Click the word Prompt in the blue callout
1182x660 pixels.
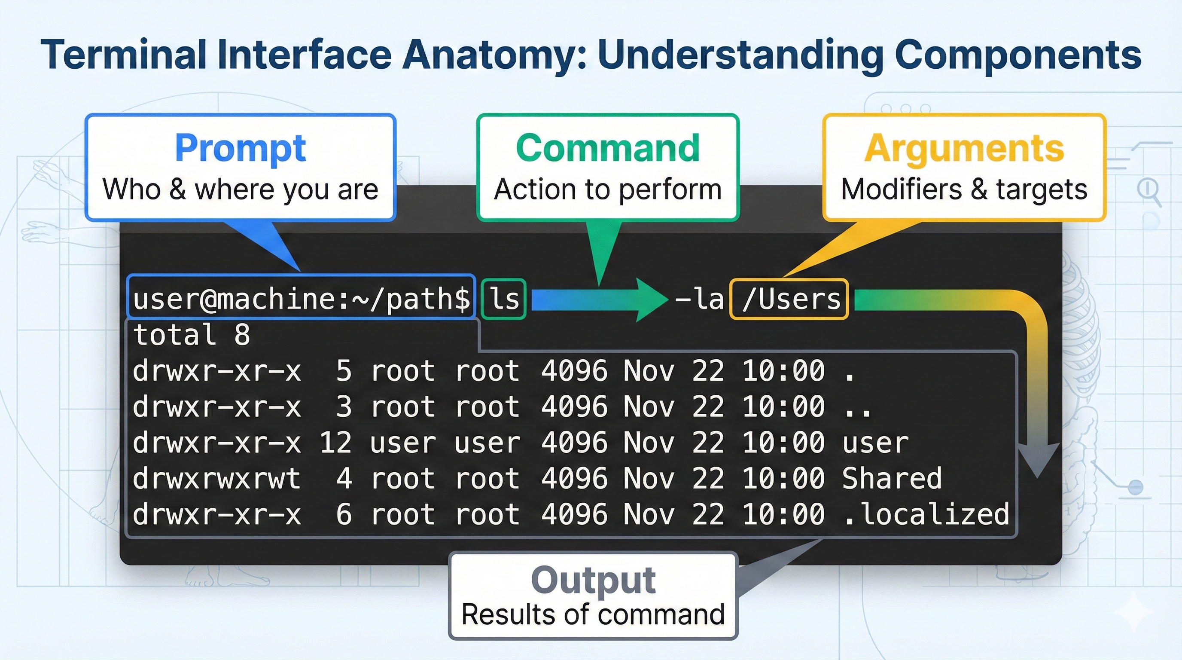(x=241, y=148)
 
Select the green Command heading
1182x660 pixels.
(x=607, y=148)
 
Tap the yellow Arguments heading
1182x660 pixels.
(x=964, y=148)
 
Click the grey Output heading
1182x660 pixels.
(x=593, y=580)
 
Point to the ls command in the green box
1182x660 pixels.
(x=504, y=299)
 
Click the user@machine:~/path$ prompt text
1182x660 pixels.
(x=301, y=299)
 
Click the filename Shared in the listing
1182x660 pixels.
(x=892, y=478)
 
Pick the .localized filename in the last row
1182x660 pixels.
(x=926, y=514)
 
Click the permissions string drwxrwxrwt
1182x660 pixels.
(x=216, y=478)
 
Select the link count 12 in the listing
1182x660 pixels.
(x=335, y=443)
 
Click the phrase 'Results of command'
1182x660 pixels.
(x=593, y=614)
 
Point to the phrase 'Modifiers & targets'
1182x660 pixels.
(x=964, y=189)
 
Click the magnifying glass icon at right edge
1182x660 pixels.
(x=1148, y=190)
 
